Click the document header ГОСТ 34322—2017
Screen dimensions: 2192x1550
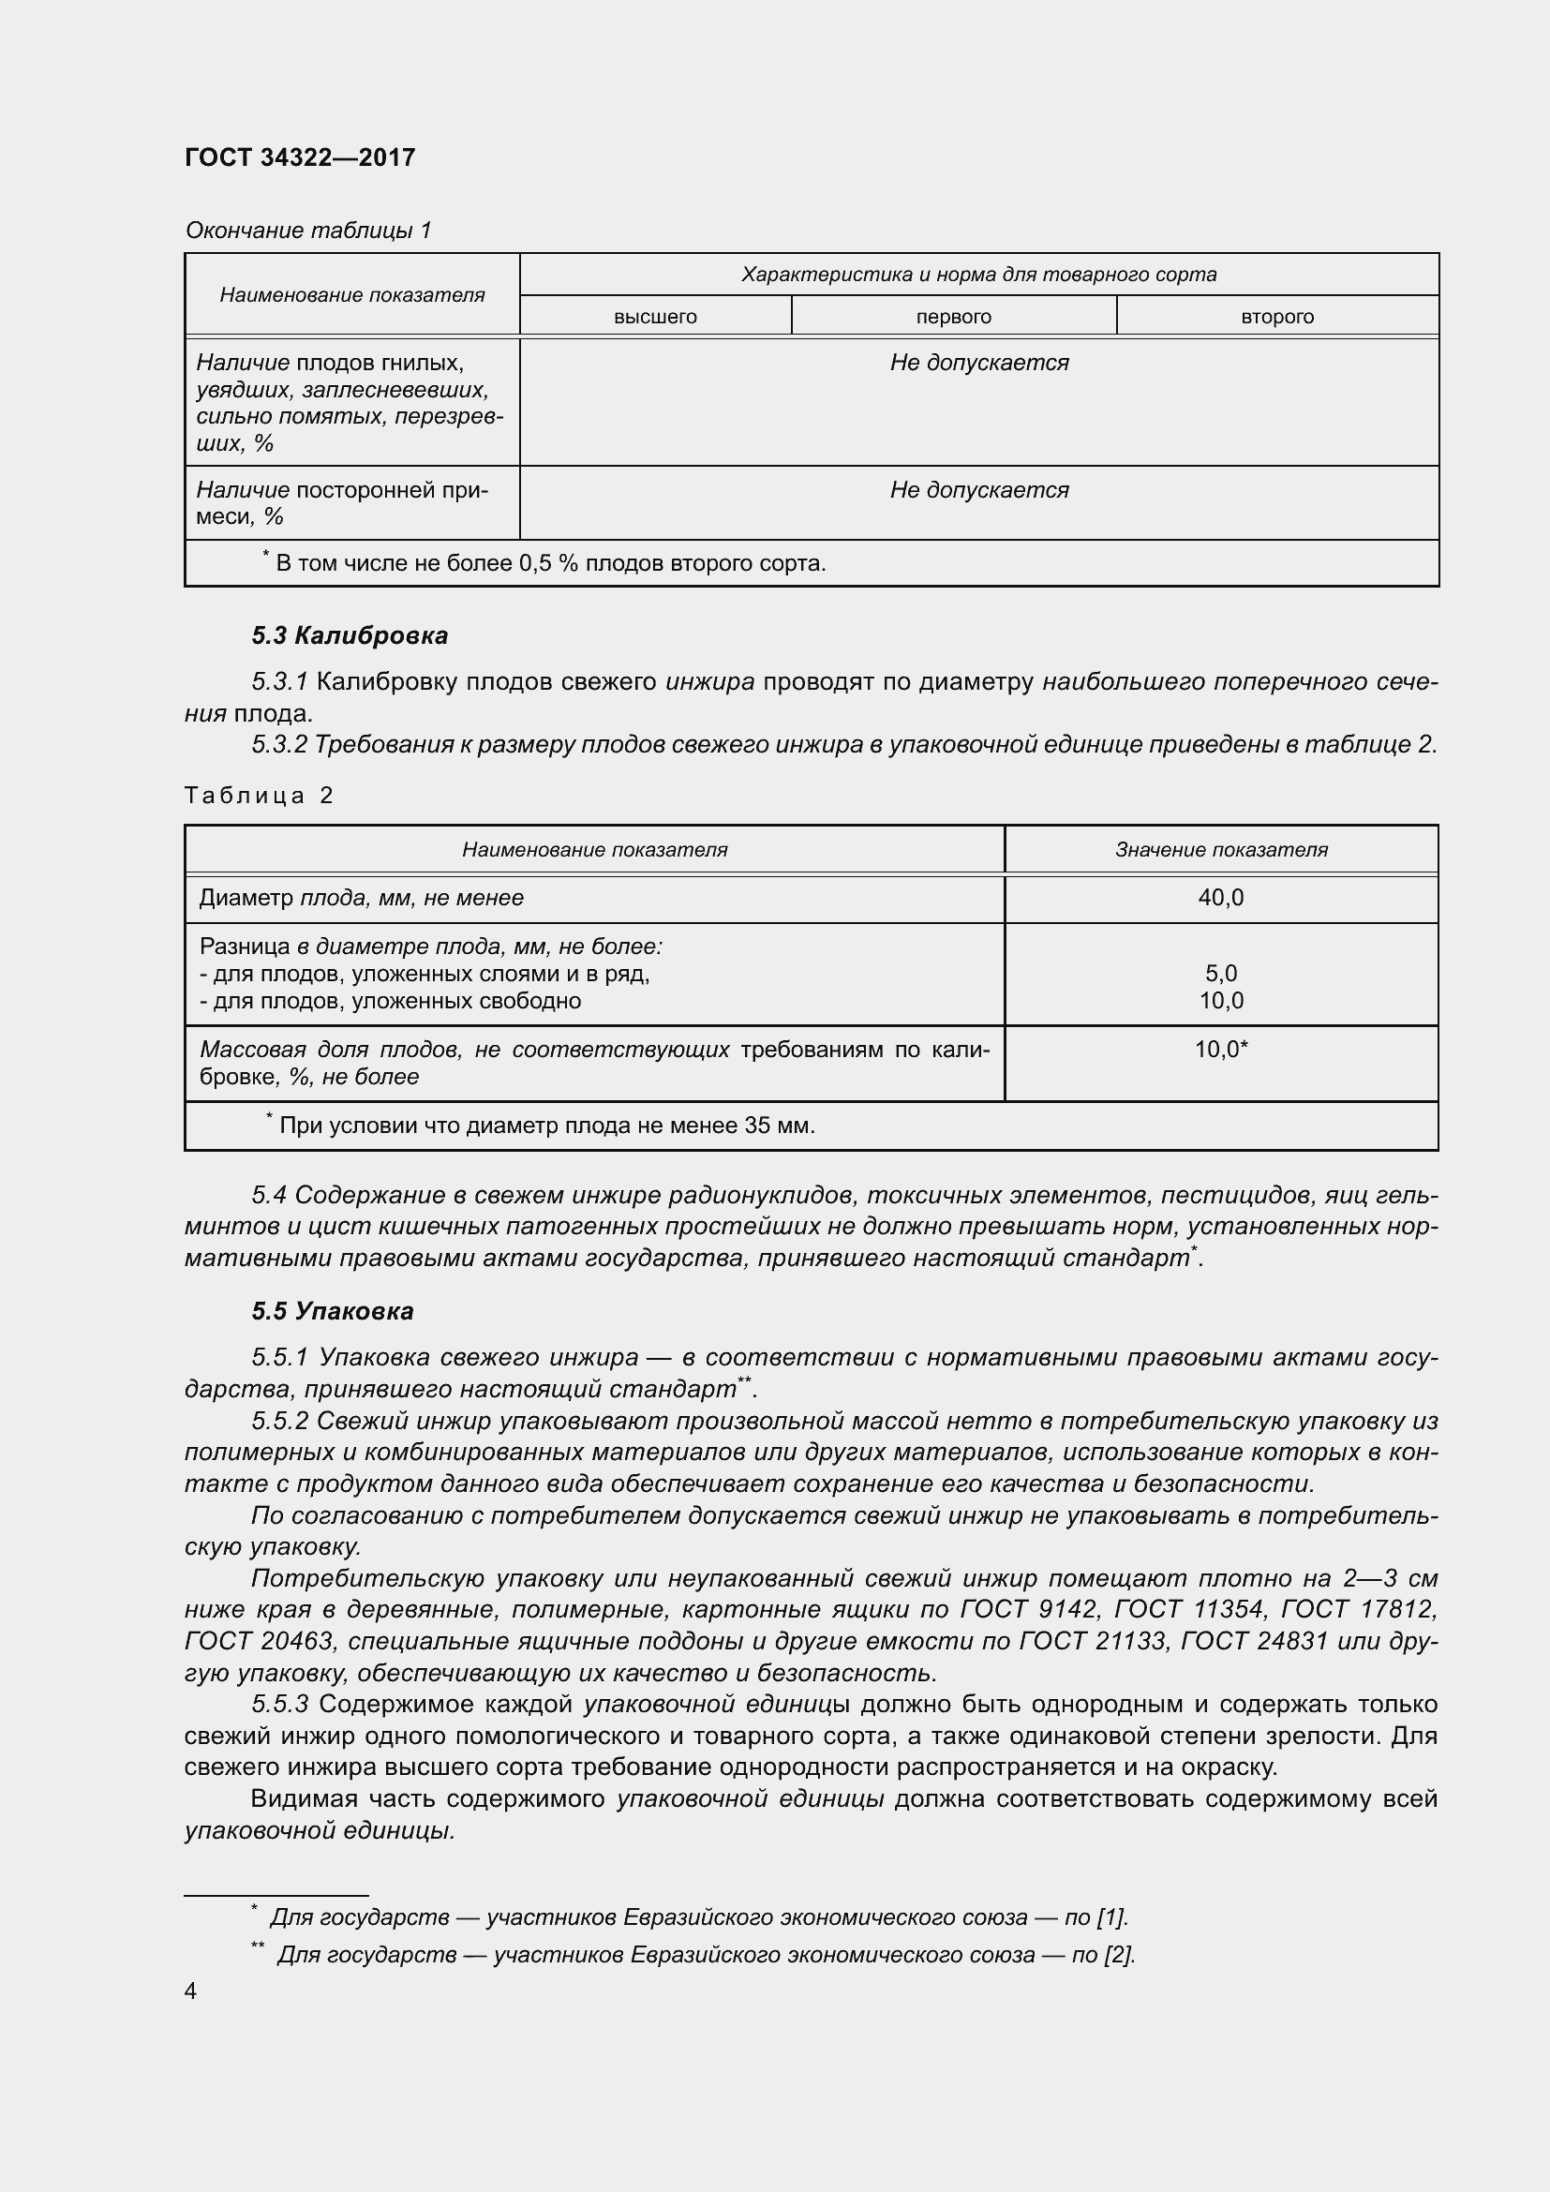click(300, 157)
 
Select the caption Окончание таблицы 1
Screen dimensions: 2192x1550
click(308, 231)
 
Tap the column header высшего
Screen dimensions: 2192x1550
click(655, 316)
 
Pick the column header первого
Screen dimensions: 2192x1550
click(952, 316)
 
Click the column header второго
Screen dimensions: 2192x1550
click(1277, 316)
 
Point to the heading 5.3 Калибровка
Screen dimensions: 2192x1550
click(350, 634)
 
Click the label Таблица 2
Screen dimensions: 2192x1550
click(259, 796)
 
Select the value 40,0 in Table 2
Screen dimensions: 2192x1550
click(1221, 898)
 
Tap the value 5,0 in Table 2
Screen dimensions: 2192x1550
click(1221, 973)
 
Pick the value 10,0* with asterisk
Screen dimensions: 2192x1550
click(1221, 1050)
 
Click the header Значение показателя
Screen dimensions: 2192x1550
click(1221, 850)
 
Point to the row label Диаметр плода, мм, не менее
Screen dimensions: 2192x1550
click(361, 898)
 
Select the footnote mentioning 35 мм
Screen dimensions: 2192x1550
click(546, 1126)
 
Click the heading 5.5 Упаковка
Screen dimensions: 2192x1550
click(332, 1311)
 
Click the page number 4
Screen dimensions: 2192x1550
click(191, 1991)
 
